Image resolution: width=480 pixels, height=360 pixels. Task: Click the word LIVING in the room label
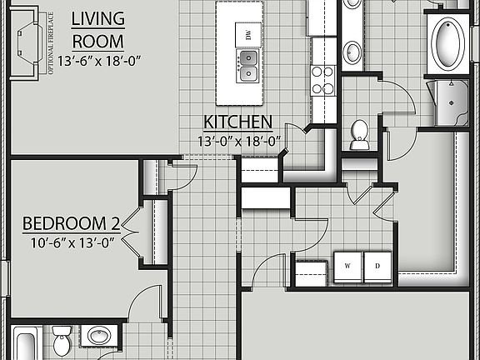pos(98,18)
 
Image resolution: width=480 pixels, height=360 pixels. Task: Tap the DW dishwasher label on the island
pos(247,34)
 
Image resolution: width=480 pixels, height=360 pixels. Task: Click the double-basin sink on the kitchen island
pos(247,66)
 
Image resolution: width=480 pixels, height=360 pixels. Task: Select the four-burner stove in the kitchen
pos(322,80)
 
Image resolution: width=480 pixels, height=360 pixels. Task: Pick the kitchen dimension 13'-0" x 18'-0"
pos(240,141)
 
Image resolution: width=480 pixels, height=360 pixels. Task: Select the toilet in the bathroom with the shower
pos(360,134)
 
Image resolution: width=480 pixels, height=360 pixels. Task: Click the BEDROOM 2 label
pos(71,223)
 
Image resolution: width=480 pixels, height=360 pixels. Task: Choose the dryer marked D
pos(377,264)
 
